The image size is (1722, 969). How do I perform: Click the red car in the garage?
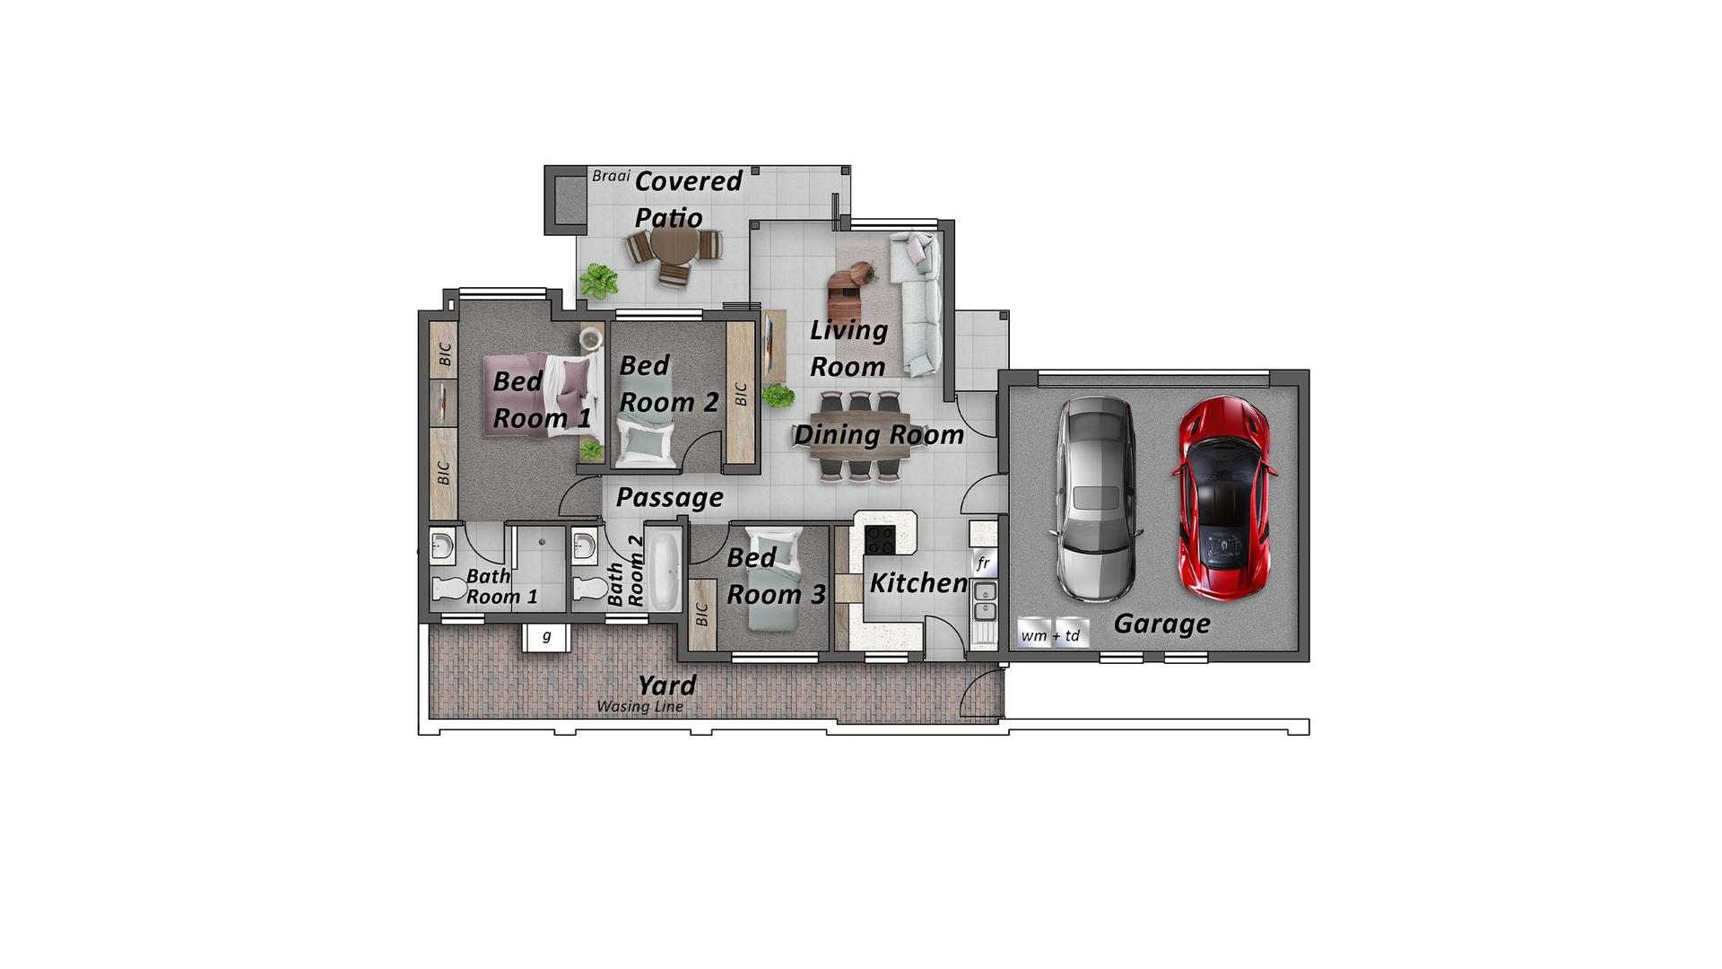tap(1223, 498)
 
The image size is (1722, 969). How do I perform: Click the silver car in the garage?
tap(1096, 499)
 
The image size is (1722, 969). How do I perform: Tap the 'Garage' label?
tap(1161, 624)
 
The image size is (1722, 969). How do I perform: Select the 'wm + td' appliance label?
tap(1051, 635)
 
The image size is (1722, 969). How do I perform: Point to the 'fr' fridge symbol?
tap(983, 563)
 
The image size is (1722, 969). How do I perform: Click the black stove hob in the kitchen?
tap(880, 540)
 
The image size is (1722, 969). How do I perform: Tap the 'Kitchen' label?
tap(918, 583)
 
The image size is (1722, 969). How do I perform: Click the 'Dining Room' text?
tap(878, 435)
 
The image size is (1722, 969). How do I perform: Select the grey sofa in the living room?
tap(917, 303)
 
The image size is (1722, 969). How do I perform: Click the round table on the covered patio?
tap(674, 244)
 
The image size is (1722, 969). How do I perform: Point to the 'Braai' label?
tap(611, 176)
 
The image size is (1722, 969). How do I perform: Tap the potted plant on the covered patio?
tap(598, 281)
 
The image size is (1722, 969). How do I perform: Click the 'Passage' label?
tap(669, 497)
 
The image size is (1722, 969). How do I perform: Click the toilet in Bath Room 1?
tap(449, 589)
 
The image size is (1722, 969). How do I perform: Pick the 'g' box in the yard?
tap(546, 637)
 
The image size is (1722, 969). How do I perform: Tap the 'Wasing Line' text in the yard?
tap(639, 706)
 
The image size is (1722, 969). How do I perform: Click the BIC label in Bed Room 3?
tap(702, 615)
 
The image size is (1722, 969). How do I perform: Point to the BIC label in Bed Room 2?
tap(741, 394)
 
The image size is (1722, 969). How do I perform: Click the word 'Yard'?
tap(666, 685)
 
